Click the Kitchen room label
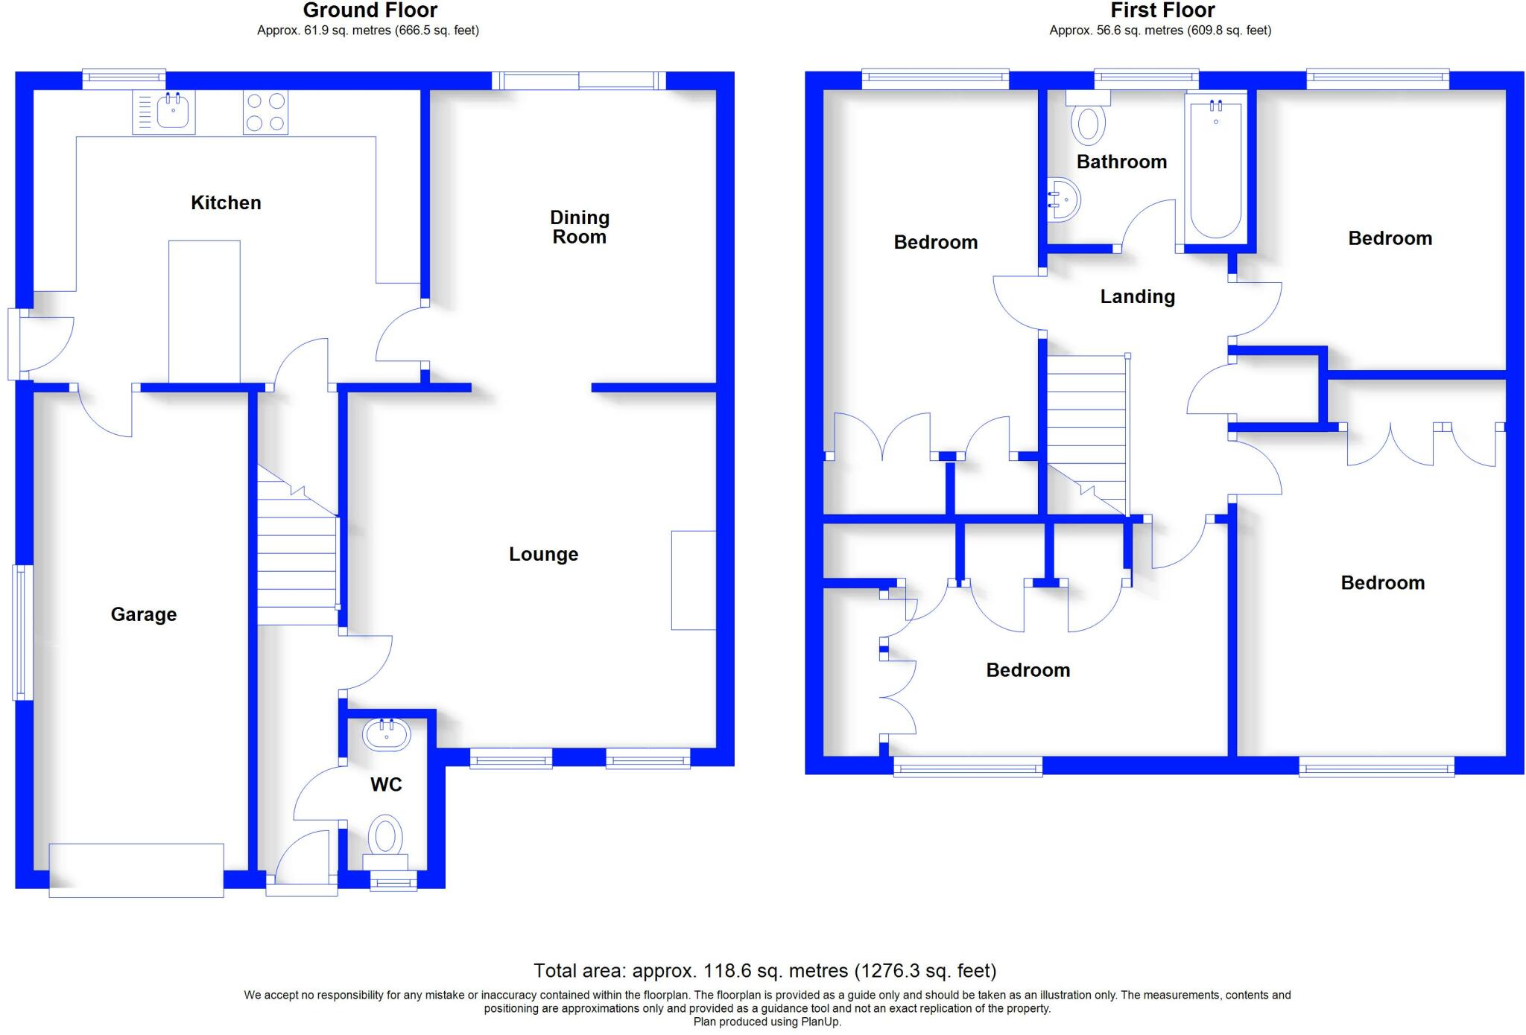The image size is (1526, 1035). pyautogui.click(x=226, y=203)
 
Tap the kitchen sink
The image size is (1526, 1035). pyautogui.click(x=164, y=112)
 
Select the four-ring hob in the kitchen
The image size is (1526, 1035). pyautogui.click(x=265, y=112)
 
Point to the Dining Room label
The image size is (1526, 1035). pyautogui.click(x=580, y=227)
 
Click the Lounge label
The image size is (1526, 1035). pyautogui.click(x=544, y=554)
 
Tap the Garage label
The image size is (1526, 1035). pyautogui.click(x=144, y=614)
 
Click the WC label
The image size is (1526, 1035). pyautogui.click(x=386, y=784)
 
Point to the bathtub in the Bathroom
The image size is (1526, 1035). pyautogui.click(x=1216, y=168)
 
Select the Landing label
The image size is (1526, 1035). pyautogui.click(x=1138, y=296)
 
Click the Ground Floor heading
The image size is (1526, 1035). pyautogui.click(x=370, y=10)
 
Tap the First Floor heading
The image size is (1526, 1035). pyautogui.click(x=1162, y=10)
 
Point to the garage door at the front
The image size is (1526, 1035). pyautogui.click(x=136, y=870)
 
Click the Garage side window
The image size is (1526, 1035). pyautogui.click(x=22, y=632)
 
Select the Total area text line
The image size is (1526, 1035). pyautogui.click(x=764, y=971)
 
